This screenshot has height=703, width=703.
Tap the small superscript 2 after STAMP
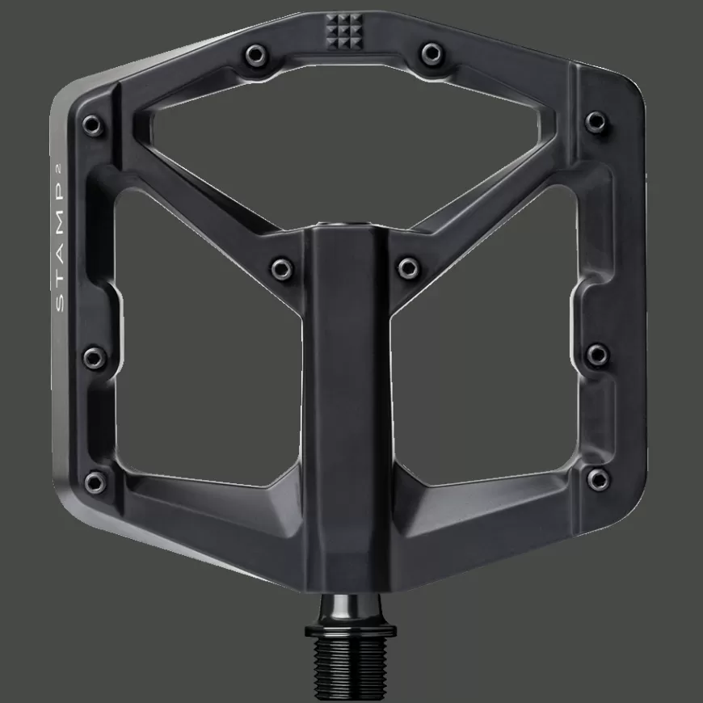point(61,184)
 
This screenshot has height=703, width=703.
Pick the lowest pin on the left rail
point(95,482)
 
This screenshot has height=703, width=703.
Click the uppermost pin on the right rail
point(596,121)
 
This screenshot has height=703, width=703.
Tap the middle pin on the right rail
point(596,352)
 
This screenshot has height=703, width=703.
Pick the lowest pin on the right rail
point(598,479)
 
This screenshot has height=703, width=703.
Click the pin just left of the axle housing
point(282,267)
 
